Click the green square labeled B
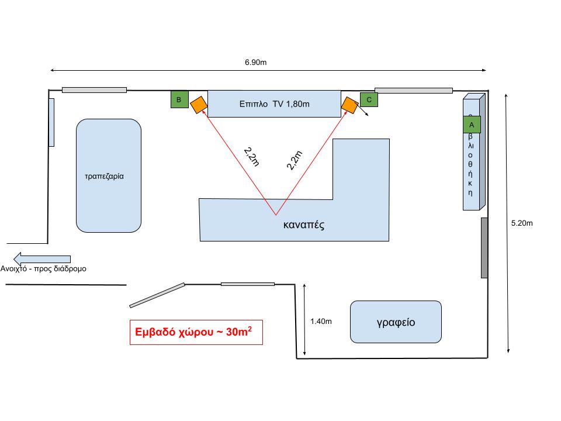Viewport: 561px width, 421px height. coord(179,99)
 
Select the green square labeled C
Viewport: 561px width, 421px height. coord(369,100)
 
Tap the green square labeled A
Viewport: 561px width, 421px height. coord(472,125)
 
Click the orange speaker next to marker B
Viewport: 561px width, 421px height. coord(198,105)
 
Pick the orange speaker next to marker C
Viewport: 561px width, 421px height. coord(350,105)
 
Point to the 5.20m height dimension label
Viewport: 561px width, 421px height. coord(522,223)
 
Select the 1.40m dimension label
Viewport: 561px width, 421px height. coord(321,321)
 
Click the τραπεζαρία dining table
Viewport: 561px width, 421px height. coord(108,175)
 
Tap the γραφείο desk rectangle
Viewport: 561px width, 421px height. coord(396,322)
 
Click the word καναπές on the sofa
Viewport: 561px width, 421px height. coord(303,225)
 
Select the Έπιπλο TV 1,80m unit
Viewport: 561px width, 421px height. coord(274,104)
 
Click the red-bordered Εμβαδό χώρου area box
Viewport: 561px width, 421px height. coord(196,332)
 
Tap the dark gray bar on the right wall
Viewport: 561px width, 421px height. coord(484,247)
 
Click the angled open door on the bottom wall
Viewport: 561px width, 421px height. coord(157,295)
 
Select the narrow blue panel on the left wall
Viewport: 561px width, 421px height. coord(51,122)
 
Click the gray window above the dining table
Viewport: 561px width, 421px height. coord(94,90)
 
